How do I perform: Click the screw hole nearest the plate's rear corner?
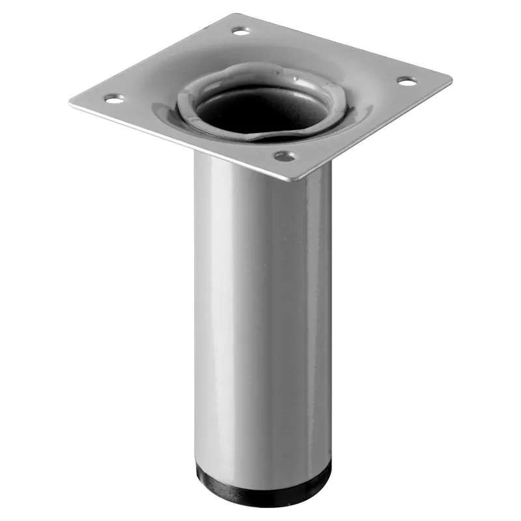(x=241, y=30)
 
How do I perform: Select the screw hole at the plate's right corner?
(x=406, y=81)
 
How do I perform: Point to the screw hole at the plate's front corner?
(x=284, y=156)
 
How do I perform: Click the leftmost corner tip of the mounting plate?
(x=70, y=102)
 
